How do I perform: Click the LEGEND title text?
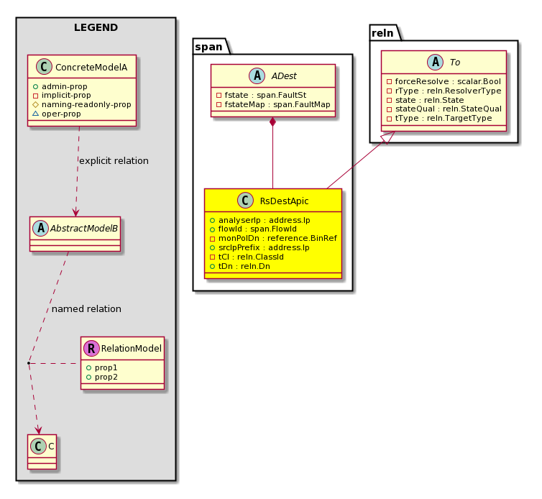click(x=96, y=27)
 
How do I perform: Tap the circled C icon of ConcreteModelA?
click(x=44, y=67)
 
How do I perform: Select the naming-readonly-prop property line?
click(x=82, y=104)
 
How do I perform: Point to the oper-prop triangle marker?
click(x=35, y=114)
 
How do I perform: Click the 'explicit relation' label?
click(x=114, y=161)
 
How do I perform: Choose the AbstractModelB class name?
click(x=84, y=228)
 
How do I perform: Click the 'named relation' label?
click(x=86, y=308)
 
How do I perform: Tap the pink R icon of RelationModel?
click(x=91, y=348)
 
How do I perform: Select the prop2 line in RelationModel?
click(x=102, y=377)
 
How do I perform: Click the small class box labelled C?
click(x=42, y=452)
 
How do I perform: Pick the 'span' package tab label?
click(x=208, y=47)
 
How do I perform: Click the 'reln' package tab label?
click(x=382, y=33)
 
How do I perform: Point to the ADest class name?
click(x=284, y=76)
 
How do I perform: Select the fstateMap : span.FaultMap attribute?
click(x=273, y=104)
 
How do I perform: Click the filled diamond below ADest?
click(x=272, y=122)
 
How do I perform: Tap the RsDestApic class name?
click(x=284, y=201)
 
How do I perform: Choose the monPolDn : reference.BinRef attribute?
click(x=273, y=238)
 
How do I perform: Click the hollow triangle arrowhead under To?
click(x=388, y=137)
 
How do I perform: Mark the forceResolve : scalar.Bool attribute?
click(x=444, y=81)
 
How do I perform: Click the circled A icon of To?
click(x=435, y=63)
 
